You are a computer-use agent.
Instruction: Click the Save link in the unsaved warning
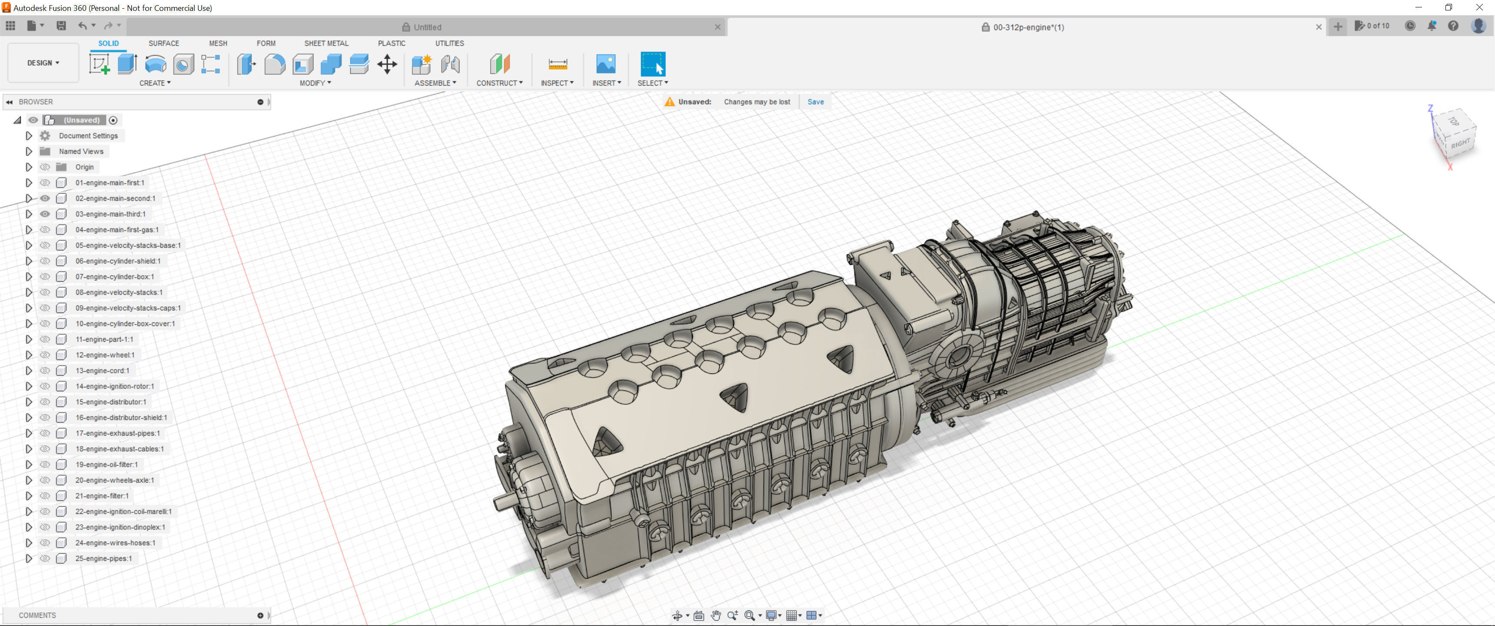(x=815, y=102)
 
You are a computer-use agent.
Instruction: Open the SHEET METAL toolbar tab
(x=326, y=43)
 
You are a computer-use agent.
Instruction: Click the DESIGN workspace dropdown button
(x=43, y=63)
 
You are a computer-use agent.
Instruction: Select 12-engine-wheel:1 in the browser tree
(x=104, y=355)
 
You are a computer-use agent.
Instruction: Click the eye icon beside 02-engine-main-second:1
(x=45, y=198)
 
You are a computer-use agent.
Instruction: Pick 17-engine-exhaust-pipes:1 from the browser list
(x=117, y=433)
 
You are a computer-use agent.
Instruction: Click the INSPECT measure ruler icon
(x=557, y=64)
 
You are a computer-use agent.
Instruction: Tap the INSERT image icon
(x=605, y=64)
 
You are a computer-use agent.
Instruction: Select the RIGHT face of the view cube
(x=1460, y=143)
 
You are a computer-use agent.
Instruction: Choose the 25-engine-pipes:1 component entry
(x=103, y=559)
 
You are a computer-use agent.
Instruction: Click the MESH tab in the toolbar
(x=218, y=43)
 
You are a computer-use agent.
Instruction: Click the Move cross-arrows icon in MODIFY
(x=386, y=64)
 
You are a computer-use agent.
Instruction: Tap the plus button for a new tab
(x=1337, y=27)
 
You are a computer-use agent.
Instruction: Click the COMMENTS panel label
(x=37, y=615)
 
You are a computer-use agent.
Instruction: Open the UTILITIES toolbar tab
(x=449, y=43)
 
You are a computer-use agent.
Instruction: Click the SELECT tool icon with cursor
(x=652, y=64)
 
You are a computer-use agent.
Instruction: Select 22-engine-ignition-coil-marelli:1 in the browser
(x=123, y=512)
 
